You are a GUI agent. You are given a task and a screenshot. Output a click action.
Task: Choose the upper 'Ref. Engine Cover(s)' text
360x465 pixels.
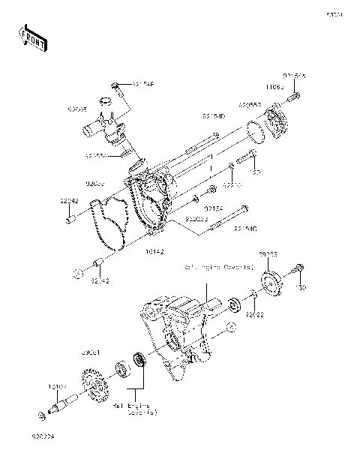[218, 266]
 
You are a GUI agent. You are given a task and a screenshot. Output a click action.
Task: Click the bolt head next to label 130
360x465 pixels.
[300, 268]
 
